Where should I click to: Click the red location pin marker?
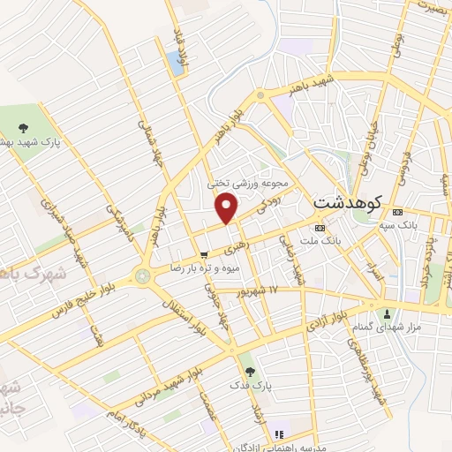[227, 207]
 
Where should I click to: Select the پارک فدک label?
[250, 387]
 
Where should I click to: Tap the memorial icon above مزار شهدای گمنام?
[386, 313]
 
